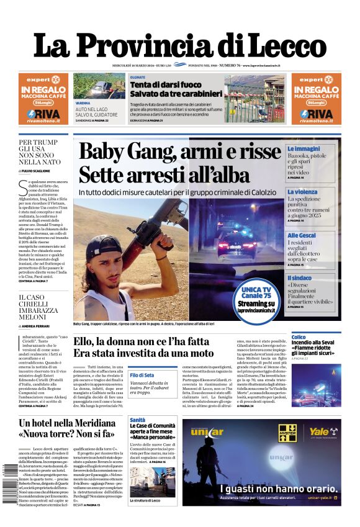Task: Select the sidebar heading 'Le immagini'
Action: tap(304, 149)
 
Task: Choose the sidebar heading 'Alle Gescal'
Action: tap(302, 235)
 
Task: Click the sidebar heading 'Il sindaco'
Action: tap(300, 278)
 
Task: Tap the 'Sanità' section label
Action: tap(137, 420)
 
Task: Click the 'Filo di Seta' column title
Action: tap(142, 375)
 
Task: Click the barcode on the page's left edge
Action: tap(5, 478)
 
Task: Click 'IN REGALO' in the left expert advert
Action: tap(43, 90)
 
